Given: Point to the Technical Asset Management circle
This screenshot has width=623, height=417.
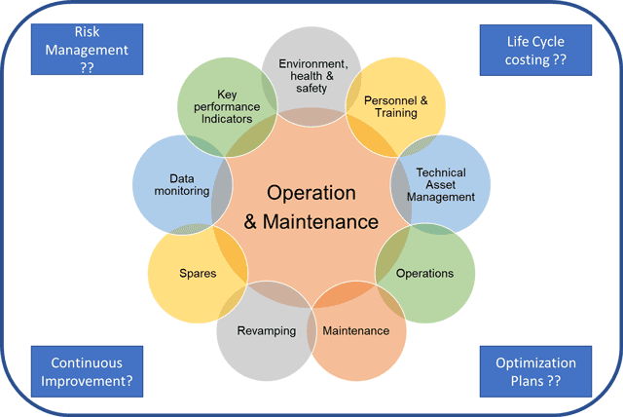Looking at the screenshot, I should [x=440, y=183].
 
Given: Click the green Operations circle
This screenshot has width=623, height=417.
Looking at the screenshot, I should [x=425, y=273].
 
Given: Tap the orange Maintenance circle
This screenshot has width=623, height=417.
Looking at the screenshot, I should [x=355, y=330].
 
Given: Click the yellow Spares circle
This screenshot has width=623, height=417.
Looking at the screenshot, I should [x=198, y=274].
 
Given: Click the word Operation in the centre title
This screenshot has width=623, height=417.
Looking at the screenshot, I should [x=311, y=192].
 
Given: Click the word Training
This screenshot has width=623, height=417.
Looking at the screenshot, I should [x=390, y=113].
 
